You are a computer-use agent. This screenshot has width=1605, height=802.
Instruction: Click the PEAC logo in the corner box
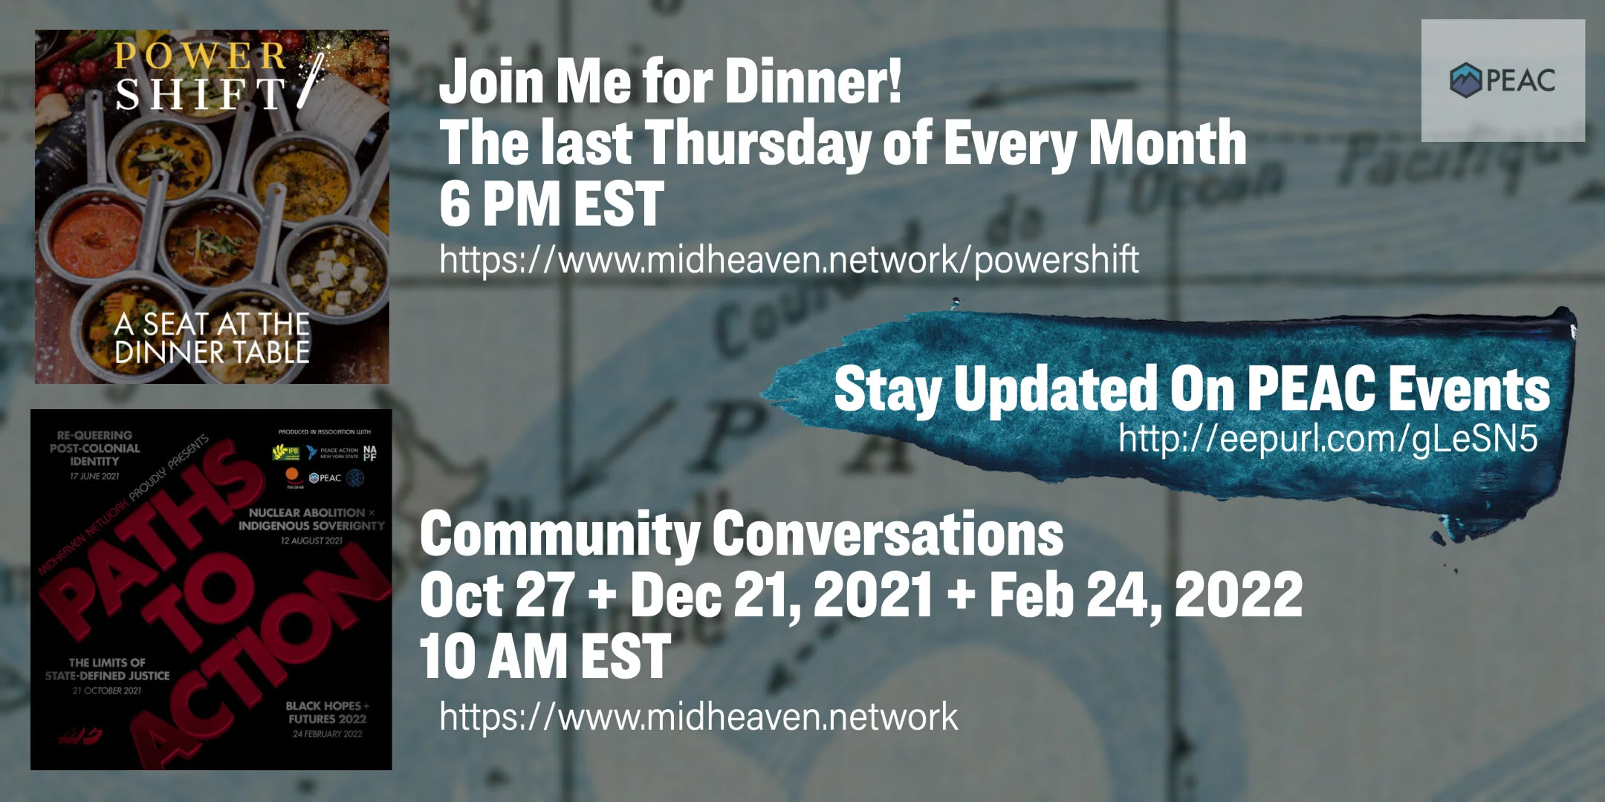coord(1502,80)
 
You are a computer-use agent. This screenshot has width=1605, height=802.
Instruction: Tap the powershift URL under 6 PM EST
coord(788,260)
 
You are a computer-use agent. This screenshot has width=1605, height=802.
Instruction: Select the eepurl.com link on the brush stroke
coord(1327,439)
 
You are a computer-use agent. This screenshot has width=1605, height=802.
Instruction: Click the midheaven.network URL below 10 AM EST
coord(698,717)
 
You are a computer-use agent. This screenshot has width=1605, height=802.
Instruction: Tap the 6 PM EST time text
coord(551,204)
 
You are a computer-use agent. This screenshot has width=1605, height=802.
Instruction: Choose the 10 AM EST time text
coord(545,656)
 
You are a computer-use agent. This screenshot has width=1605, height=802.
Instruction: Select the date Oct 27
coord(496,595)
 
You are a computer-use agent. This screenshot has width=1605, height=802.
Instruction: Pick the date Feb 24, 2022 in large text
coord(1145,595)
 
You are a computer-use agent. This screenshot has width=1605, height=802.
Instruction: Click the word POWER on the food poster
coord(200,56)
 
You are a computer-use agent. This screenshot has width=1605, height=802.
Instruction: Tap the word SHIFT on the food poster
coord(200,94)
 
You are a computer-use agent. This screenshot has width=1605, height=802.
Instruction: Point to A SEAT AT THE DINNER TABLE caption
coord(212,338)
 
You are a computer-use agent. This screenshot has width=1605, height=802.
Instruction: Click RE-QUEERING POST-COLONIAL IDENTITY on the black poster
coord(94,449)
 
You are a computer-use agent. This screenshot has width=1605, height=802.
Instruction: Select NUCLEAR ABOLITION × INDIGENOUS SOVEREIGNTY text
coord(311,519)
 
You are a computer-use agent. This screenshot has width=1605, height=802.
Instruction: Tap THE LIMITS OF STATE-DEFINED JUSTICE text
coord(107,669)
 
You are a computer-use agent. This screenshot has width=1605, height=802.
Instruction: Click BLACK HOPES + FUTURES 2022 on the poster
coord(327,712)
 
